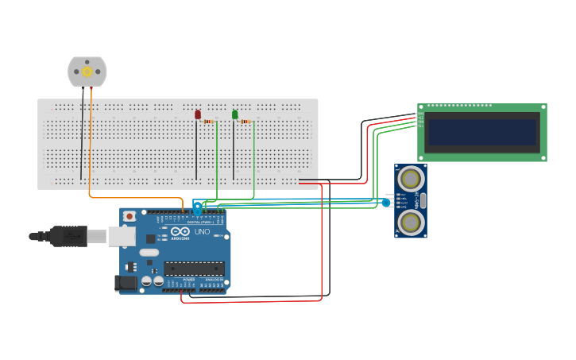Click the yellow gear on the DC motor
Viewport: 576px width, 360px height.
point(87,72)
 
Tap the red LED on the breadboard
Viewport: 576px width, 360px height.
point(198,114)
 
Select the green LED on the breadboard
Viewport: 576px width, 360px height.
point(235,114)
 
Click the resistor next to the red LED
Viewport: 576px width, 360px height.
point(209,122)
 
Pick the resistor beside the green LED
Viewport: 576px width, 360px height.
point(245,122)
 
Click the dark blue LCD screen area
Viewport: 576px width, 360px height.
point(482,132)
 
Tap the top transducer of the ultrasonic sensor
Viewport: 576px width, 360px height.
point(411,178)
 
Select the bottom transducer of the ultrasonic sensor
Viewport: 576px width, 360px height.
point(411,223)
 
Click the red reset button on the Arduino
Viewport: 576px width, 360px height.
point(130,216)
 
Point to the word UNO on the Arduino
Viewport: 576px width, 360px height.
point(202,232)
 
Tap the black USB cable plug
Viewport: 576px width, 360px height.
point(68,236)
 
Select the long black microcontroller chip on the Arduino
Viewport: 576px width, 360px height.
point(194,269)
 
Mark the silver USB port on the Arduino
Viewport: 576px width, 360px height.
point(122,235)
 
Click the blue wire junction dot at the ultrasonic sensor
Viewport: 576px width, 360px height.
point(386,203)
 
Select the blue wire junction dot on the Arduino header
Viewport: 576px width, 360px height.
point(197,208)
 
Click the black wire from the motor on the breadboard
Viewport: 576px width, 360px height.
point(81,143)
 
